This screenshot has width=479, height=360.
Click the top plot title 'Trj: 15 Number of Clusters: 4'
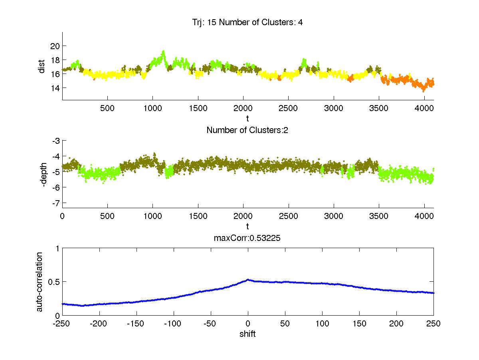pos(247,22)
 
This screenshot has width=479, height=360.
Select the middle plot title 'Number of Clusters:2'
pos(247,130)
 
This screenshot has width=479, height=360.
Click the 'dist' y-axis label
pos(42,66)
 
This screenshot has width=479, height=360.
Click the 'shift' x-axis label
pos(247,334)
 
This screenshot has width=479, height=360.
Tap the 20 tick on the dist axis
pos(54,46)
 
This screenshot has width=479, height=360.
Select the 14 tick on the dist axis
pos(54,88)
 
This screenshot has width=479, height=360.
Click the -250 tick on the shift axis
pos(62,324)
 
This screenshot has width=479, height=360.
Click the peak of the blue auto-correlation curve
pos(247,280)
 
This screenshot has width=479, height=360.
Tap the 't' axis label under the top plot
pos(247,118)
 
